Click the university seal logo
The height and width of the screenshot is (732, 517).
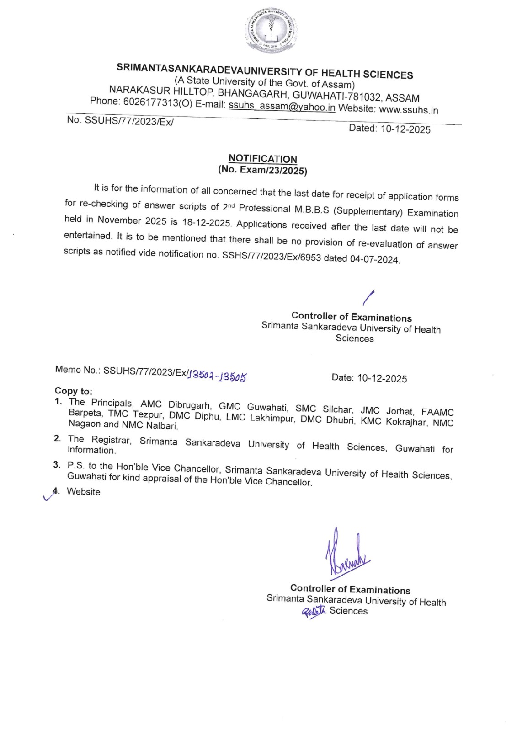tap(272, 31)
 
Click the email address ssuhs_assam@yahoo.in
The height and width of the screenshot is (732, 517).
tap(282, 107)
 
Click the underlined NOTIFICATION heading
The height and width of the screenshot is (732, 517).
tap(263, 159)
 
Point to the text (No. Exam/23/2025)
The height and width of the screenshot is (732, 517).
tap(262, 170)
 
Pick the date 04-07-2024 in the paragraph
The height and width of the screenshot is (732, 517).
tap(374, 259)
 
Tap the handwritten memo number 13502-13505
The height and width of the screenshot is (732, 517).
tap(218, 376)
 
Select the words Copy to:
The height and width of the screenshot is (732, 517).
tap(74, 391)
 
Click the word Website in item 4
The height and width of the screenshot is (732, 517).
tap(84, 492)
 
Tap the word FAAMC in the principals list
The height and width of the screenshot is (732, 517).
tap(437, 412)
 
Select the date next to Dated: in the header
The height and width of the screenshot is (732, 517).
tap(405, 129)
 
